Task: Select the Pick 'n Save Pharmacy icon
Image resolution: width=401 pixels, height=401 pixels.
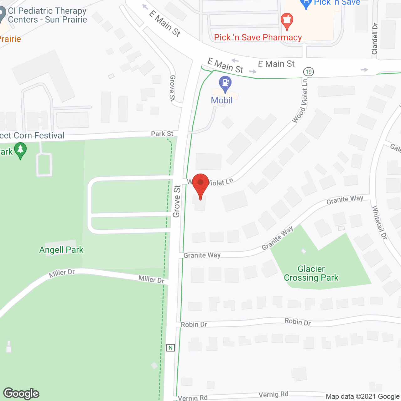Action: (287, 21)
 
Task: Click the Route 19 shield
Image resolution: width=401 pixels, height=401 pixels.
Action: (309, 72)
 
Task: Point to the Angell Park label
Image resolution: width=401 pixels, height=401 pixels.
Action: (61, 250)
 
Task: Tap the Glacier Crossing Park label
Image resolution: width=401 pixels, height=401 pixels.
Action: (311, 273)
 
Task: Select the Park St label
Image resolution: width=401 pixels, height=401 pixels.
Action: (162, 134)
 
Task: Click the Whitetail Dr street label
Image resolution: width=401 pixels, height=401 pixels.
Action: (379, 222)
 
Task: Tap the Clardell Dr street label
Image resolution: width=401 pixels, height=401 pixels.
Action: (375, 39)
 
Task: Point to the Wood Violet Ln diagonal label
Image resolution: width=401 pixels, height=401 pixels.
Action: (300, 101)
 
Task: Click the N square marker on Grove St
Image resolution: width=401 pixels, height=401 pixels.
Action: (170, 348)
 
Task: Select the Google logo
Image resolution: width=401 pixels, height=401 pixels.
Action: (21, 393)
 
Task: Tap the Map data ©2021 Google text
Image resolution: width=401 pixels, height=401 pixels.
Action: (363, 397)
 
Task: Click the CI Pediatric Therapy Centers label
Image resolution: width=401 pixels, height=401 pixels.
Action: (47, 15)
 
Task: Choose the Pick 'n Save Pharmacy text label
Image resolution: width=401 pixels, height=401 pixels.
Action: (258, 38)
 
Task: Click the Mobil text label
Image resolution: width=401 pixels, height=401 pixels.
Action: (222, 100)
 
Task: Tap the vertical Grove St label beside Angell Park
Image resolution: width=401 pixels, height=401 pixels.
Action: (177, 201)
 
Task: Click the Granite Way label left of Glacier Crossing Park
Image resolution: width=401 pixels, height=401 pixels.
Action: (202, 255)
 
